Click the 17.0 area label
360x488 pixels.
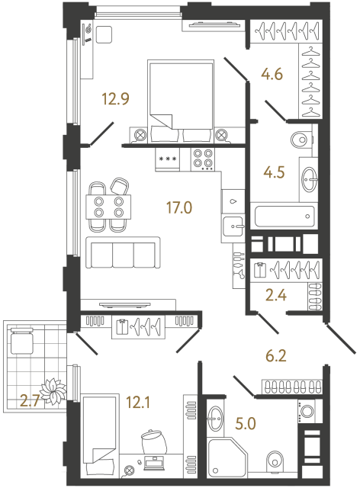(178, 205)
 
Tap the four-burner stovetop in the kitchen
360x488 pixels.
(202, 159)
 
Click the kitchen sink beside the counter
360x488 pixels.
(233, 224)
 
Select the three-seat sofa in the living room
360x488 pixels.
(122, 252)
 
